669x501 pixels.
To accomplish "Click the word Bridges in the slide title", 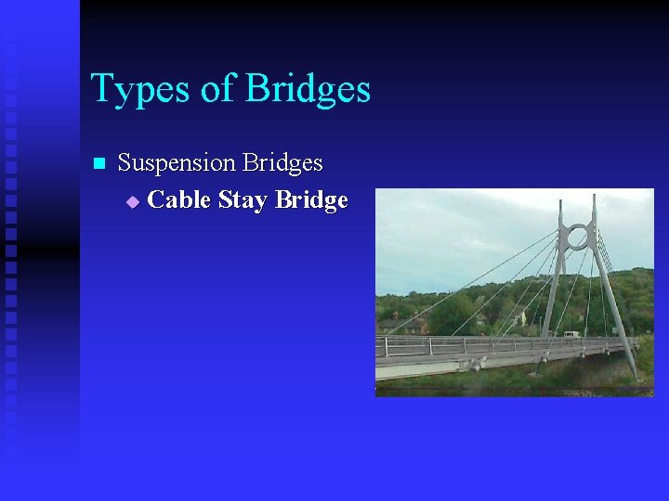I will point(308,90).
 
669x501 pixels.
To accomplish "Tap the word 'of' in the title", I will point(216,90).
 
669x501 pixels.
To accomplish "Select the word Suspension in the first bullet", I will point(177,163).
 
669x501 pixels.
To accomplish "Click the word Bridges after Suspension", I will point(282,163).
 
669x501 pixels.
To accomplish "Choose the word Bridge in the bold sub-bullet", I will point(311,200).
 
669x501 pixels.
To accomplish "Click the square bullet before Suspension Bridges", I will point(98,164).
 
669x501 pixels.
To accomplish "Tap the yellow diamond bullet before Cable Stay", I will point(132,201).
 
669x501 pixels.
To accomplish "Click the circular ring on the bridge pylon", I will point(577,238).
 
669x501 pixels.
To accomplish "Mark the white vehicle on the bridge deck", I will point(571,334).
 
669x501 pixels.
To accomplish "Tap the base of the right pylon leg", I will point(635,375).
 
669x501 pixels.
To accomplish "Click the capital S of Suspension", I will point(125,163).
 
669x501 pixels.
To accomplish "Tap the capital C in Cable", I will point(157,199).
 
